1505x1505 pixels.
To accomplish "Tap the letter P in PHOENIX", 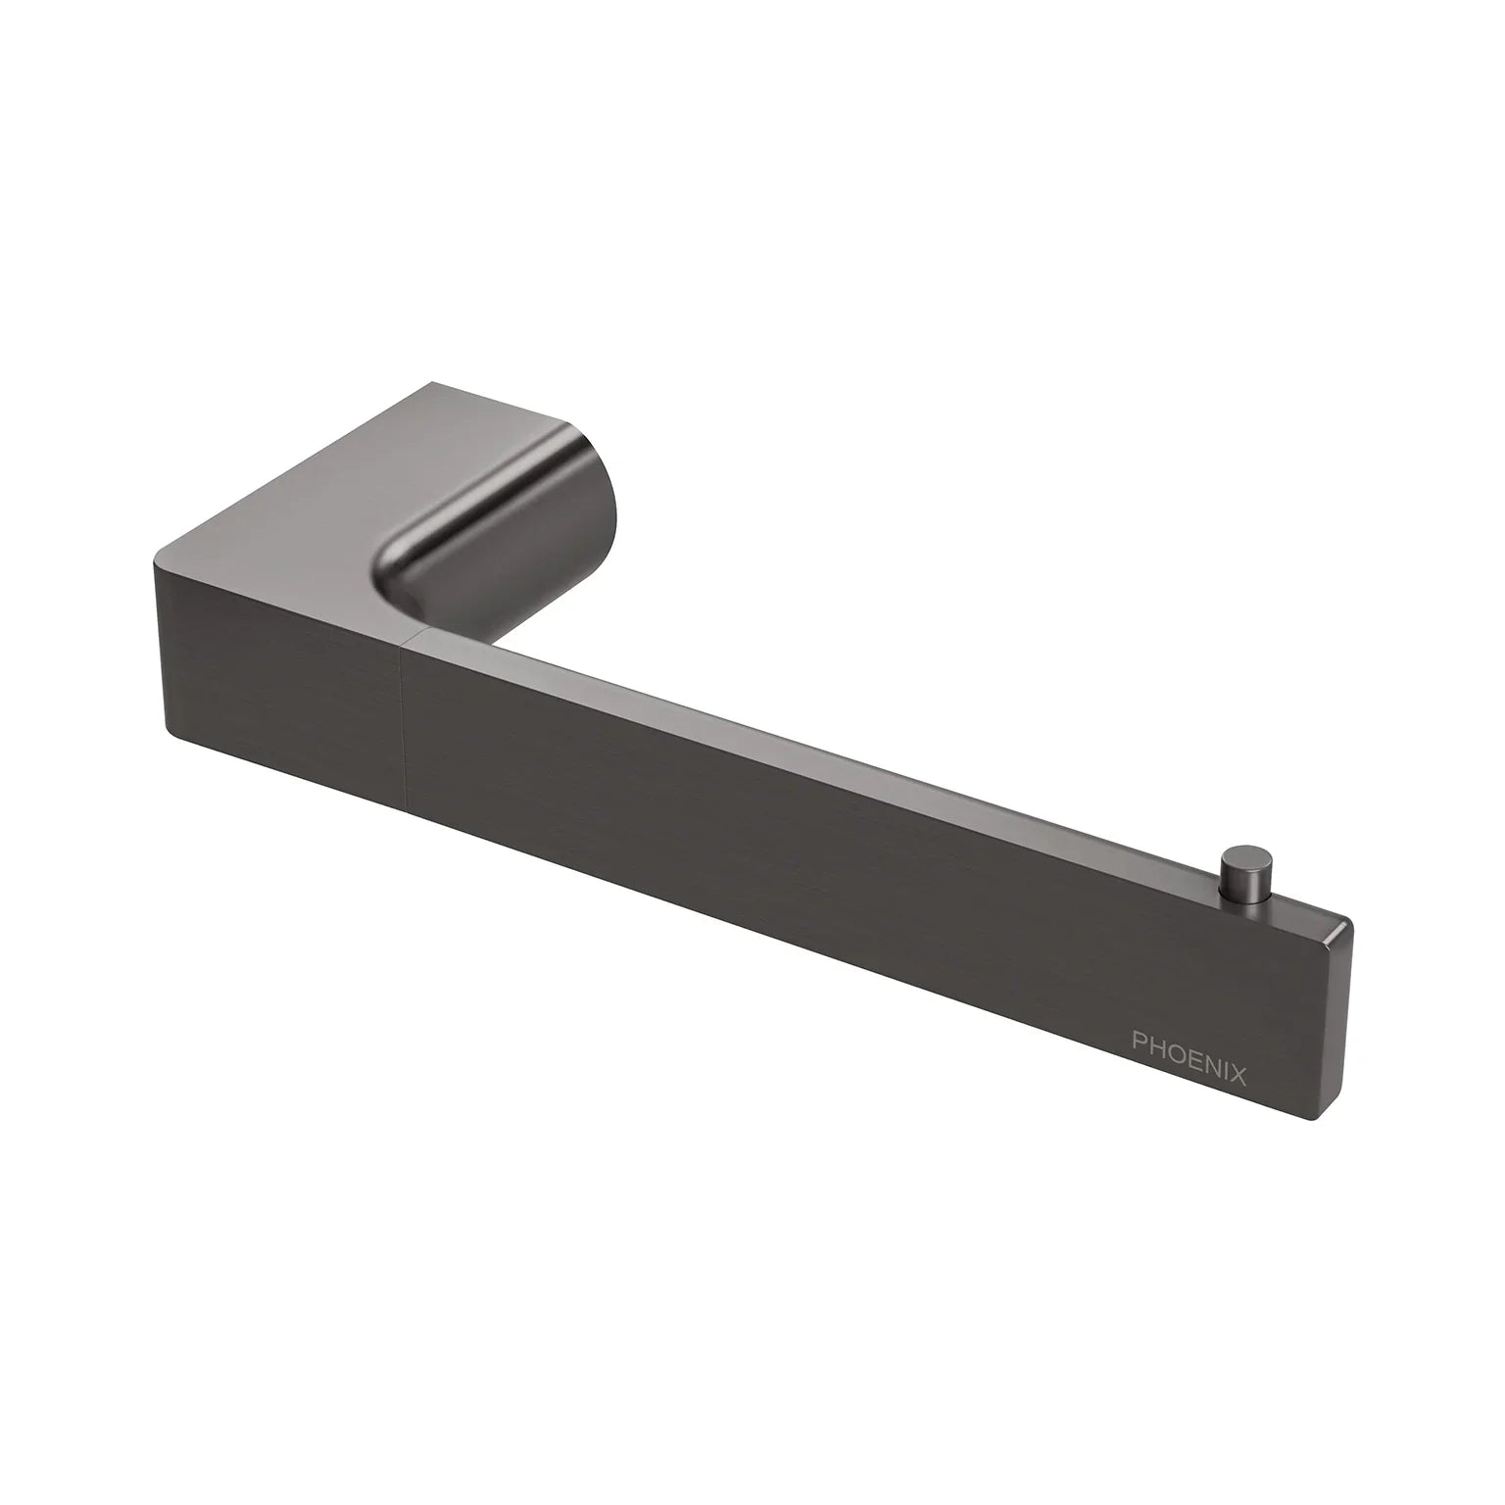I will (x=1140, y=1060).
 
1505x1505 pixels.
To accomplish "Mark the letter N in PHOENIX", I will (x=1210, y=1072).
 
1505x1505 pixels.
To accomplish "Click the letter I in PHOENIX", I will (x=1225, y=1074).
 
